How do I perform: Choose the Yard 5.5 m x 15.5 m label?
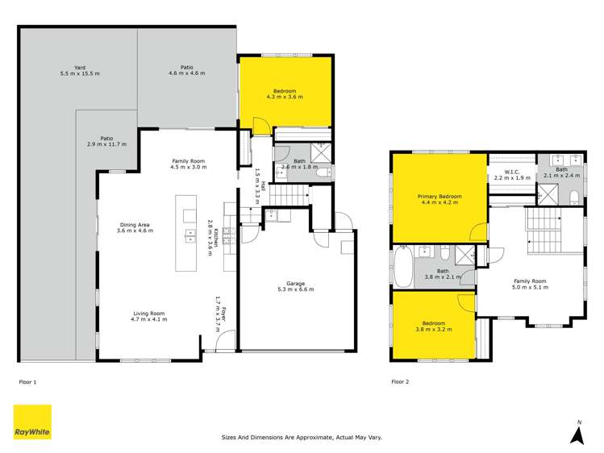click(x=79, y=70)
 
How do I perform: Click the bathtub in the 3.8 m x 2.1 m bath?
click(x=402, y=267)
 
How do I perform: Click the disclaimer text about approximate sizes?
click(x=302, y=438)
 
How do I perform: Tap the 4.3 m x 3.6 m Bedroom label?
click(x=285, y=94)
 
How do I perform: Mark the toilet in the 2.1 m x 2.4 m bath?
click(x=573, y=197)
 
